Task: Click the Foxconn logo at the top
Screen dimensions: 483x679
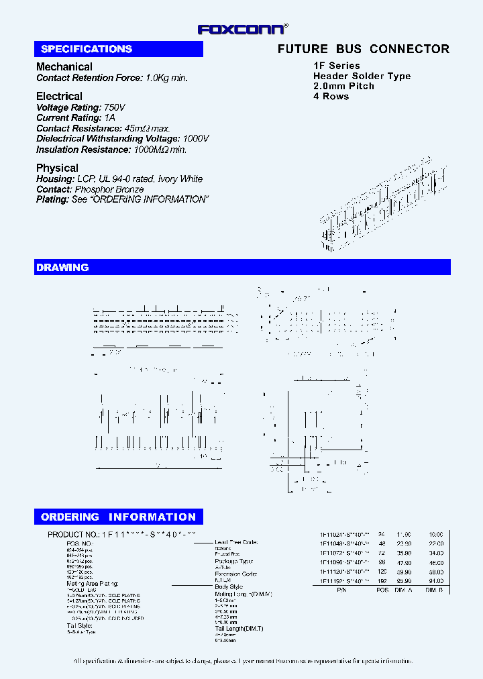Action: coord(242,29)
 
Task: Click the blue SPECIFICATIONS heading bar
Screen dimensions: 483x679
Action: coord(119,49)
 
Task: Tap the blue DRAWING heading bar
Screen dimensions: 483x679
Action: coord(242,268)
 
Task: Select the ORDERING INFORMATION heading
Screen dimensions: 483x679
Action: coord(119,517)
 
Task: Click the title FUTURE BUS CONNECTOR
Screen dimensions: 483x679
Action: coord(364,49)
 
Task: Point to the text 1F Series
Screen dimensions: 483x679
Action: coord(337,66)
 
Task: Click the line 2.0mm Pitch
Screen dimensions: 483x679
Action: coord(343,86)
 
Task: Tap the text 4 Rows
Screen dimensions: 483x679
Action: coord(331,96)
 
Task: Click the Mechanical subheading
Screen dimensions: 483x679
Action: coord(64,66)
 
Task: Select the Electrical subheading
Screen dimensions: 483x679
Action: coord(59,96)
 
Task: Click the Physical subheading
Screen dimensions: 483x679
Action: coord(57,168)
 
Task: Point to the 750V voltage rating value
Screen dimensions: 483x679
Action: coord(115,107)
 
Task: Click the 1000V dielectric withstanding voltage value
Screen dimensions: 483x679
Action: coord(196,138)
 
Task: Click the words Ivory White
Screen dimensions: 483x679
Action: coord(180,179)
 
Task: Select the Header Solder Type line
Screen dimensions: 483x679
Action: coord(362,76)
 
